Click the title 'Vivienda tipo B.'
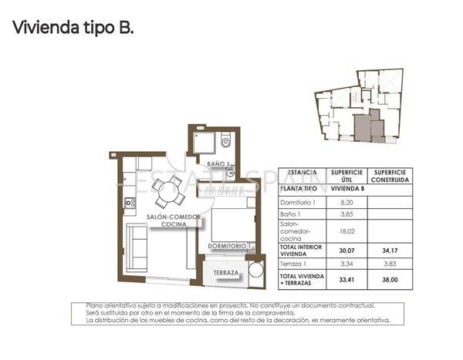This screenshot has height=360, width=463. click(73, 29)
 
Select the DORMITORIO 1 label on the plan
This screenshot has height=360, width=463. click(231, 246)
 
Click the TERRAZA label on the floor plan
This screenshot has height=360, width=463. click(227, 272)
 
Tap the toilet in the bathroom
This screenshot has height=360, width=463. click(225, 141)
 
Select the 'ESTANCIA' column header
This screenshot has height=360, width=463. click(302, 173)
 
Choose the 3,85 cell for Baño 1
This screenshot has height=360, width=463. click(346, 213)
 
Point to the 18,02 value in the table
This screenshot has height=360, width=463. click(346, 230)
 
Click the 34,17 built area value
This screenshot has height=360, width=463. click(390, 248)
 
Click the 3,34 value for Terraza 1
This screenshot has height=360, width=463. click(346, 263)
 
